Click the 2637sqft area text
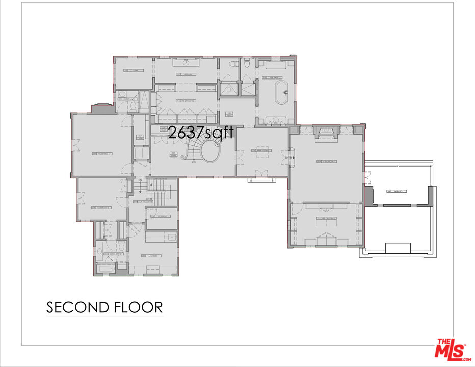click(x=201, y=133)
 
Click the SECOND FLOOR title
click(x=104, y=307)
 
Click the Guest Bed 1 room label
click(x=101, y=153)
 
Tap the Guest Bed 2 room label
click(x=101, y=207)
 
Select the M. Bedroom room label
click(x=326, y=162)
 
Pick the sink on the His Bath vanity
click(x=186, y=64)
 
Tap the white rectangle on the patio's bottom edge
click(x=398, y=248)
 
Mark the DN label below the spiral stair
click(x=194, y=163)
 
